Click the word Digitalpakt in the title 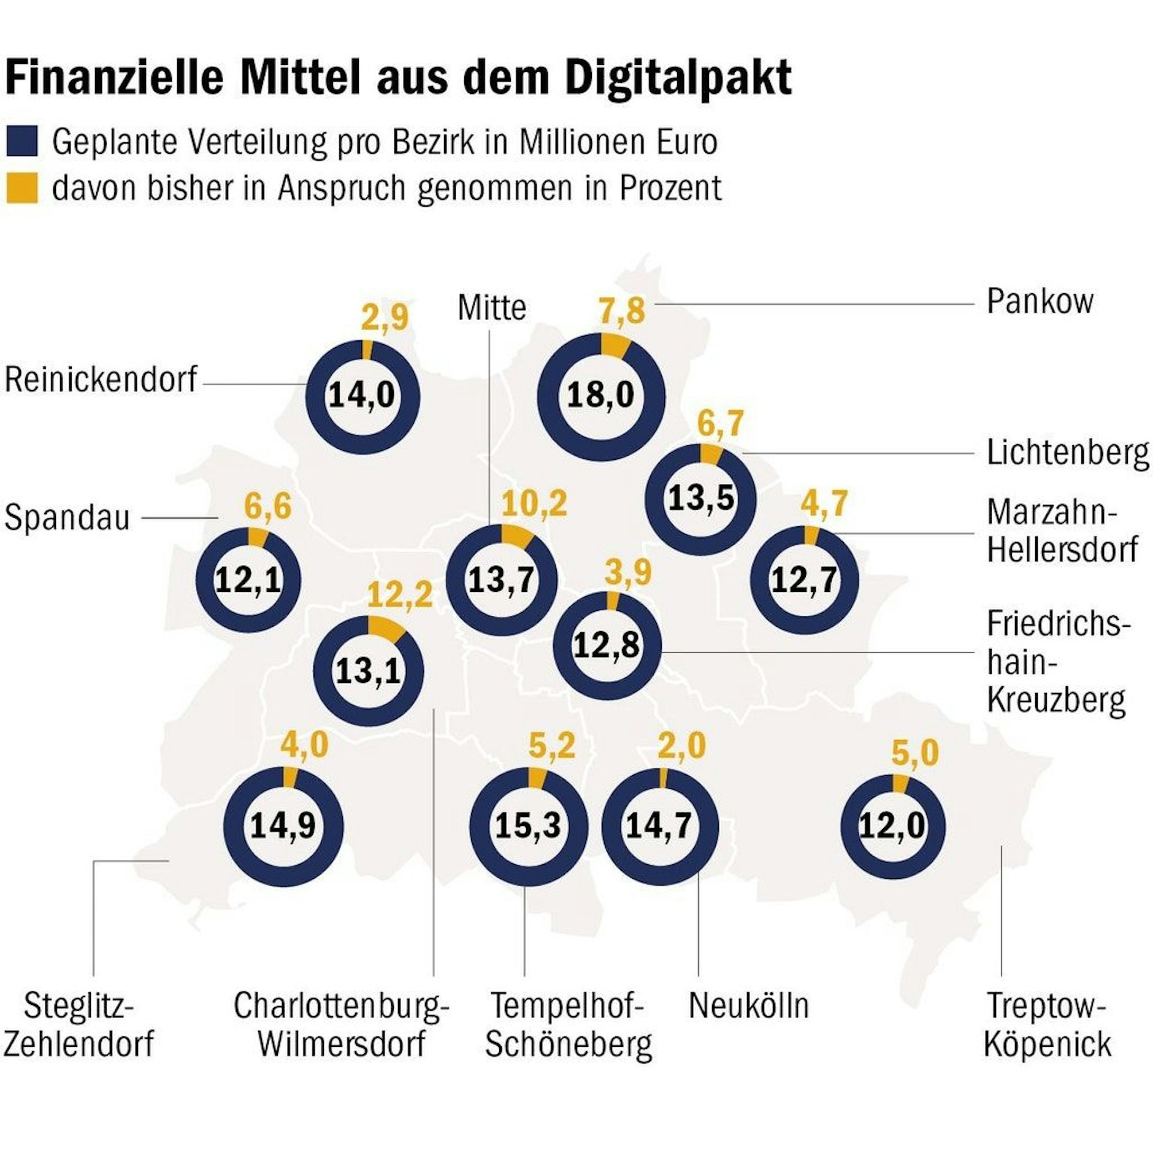pyautogui.click(x=678, y=79)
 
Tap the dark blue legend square pyautogui.click(x=22, y=141)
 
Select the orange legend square pyautogui.click(x=22, y=187)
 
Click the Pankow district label pyautogui.click(x=1040, y=302)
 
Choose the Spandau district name pyautogui.click(x=67, y=518)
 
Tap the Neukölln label pyautogui.click(x=749, y=1006)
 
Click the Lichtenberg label pyautogui.click(x=1068, y=453)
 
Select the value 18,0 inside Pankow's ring pyautogui.click(x=600, y=395)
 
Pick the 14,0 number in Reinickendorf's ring pyautogui.click(x=362, y=395)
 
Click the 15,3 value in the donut pyautogui.click(x=528, y=825)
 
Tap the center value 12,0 pyautogui.click(x=892, y=825)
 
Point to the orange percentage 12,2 pyautogui.click(x=400, y=595)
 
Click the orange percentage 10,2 pyautogui.click(x=534, y=504)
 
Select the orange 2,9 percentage pyautogui.click(x=385, y=318)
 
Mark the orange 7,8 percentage pyautogui.click(x=622, y=310)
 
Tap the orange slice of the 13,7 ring pyautogui.click(x=516, y=536)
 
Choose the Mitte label pyautogui.click(x=492, y=308)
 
